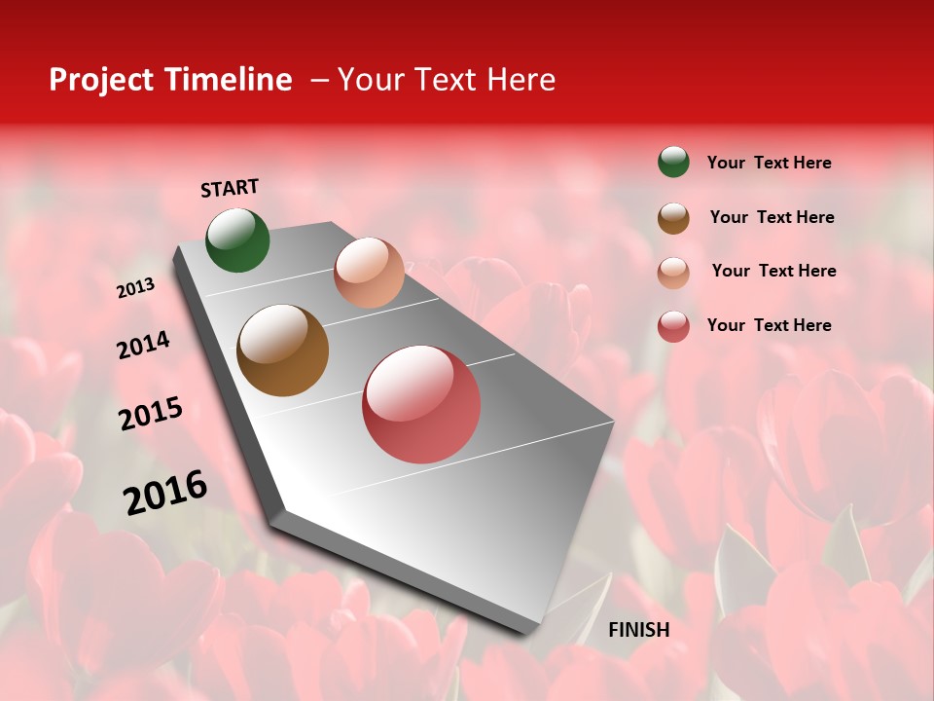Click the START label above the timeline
[x=230, y=188]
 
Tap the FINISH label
[x=638, y=630]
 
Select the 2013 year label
[x=135, y=288]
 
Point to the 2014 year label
[x=143, y=345]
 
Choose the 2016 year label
[x=165, y=493]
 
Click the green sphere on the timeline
[x=237, y=240]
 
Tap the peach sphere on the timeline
[x=369, y=273]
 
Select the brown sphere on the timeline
[x=283, y=350]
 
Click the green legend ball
[x=673, y=162]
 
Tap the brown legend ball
[x=673, y=218]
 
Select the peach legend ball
[x=673, y=273]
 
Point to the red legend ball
[x=673, y=326]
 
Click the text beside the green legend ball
[x=769, y=163]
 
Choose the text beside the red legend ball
[x=769, y=325]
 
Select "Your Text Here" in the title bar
[x=447, y=80]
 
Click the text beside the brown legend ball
[x=772, y=217]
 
